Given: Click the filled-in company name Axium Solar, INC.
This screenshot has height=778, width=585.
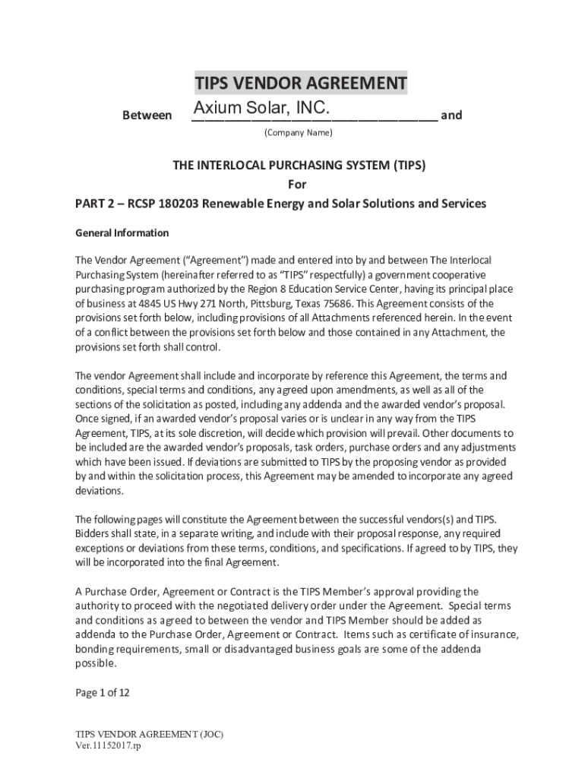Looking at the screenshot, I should pos(261,109).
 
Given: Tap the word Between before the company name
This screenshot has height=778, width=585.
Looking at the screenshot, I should pos(147,116).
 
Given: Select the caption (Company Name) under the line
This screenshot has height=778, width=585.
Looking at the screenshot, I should pos(298,133).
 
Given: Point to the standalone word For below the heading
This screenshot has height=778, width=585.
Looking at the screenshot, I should pos(298,185).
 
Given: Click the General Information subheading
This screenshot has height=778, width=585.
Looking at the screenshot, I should pos(122,232).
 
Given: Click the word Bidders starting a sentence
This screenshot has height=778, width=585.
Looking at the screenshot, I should pos(93,533).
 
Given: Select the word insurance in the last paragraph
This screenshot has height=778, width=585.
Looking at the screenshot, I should pos(492,634).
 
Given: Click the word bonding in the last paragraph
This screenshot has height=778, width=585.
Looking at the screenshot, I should pos(94,649).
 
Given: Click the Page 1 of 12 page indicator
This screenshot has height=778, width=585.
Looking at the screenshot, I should pos(103,692).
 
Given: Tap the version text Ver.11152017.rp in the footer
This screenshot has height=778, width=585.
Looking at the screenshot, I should pos(109,745).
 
